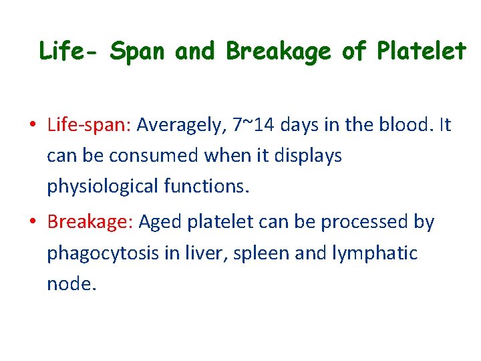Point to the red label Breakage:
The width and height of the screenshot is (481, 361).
(x=90, y=223)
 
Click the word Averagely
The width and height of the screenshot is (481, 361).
(x=183, y=126)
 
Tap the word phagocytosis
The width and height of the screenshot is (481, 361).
(x=100, y=254)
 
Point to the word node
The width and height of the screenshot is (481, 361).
(x=71, y=284)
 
